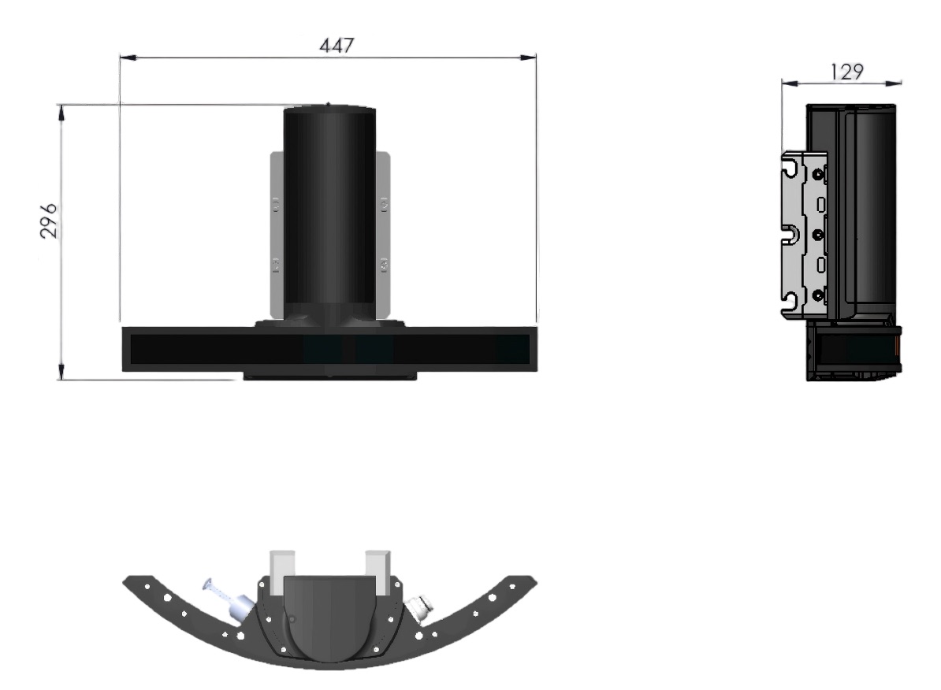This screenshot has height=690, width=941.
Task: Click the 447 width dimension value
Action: click(337, 46)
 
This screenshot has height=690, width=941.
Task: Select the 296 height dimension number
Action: click(49, 221)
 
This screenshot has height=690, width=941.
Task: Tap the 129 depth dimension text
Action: click(846, 72)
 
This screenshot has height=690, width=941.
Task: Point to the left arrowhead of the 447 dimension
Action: click(128, 57)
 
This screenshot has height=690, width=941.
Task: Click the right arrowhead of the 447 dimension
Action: click(528, 57)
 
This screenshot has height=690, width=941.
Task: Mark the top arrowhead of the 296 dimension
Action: click(61, 112)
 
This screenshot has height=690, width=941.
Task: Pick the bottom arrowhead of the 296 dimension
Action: click(61, 372)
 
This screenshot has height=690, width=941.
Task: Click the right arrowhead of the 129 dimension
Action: click(895, 83)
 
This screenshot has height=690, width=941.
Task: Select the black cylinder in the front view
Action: click(329, 213)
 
